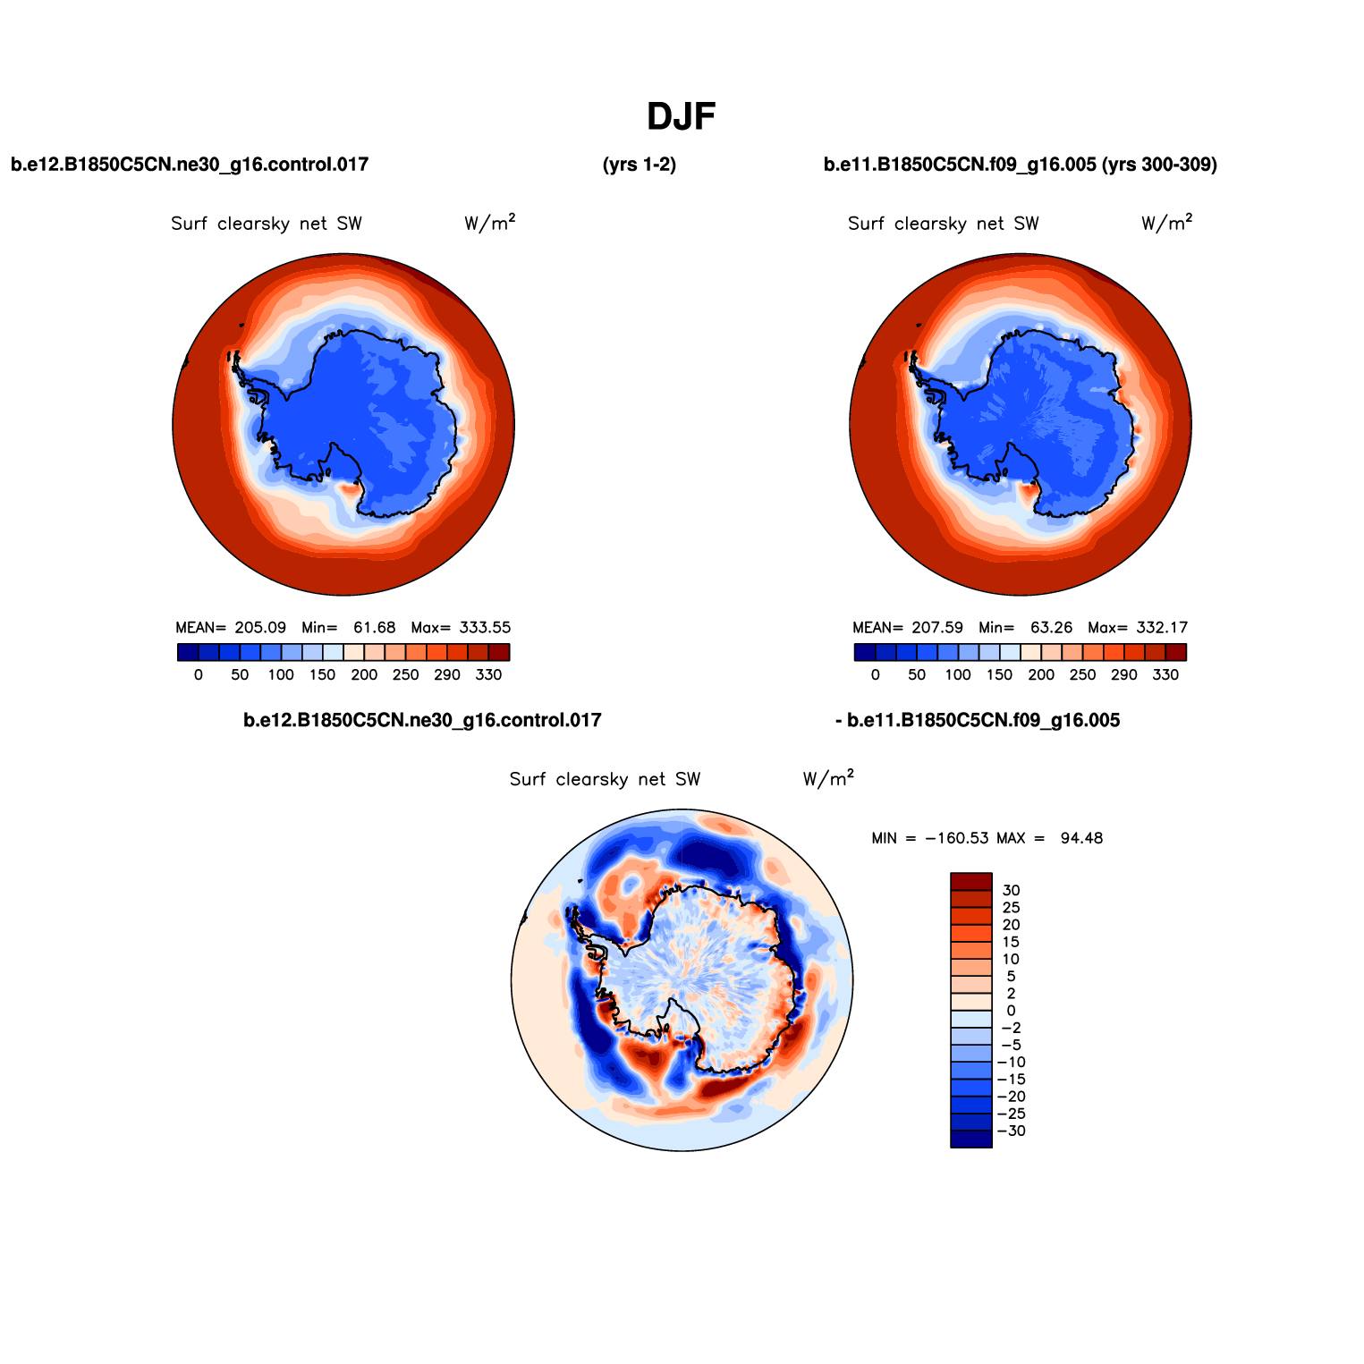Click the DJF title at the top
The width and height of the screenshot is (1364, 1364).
point(681,117)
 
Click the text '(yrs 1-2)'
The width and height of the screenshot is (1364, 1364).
point(640,165)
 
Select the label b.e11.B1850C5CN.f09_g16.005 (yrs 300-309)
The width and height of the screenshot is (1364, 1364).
point(1020,165)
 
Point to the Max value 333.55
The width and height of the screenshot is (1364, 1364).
point(485,628)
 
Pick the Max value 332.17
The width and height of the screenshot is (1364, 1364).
point(1162,628)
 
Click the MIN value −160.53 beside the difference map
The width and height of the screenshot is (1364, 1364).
point(956,838)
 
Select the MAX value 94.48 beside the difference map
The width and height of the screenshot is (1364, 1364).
point(1081,838)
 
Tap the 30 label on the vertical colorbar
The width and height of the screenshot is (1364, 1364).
point(1011,891)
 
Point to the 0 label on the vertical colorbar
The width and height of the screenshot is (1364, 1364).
point(1011,1011)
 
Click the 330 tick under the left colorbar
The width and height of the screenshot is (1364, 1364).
point(488,675)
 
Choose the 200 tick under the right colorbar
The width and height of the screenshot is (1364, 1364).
point(1041,675)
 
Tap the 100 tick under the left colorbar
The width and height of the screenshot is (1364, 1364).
point(281,675)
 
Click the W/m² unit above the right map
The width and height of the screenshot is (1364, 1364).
point(1166,224)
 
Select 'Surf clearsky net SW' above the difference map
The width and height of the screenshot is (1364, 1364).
point(605,780)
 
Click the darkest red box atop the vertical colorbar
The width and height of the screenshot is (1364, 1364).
point(970,881)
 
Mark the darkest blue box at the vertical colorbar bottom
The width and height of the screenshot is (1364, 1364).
point(970,1139)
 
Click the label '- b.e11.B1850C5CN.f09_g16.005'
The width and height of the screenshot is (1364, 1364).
point(977,721)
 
